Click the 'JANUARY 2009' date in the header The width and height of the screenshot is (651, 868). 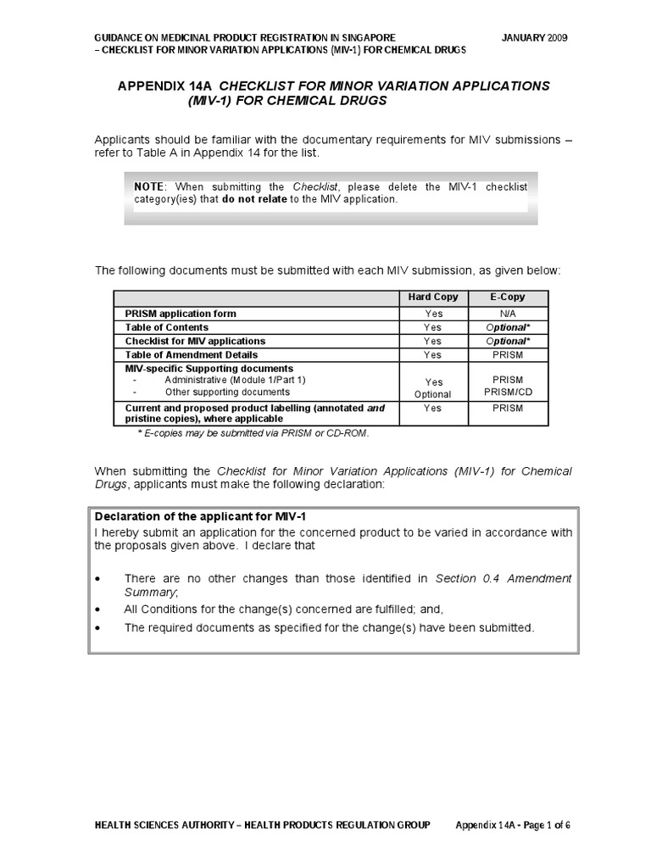click(535, 39)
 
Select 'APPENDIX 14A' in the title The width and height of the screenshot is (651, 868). click(162, 86)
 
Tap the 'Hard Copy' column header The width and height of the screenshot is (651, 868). click(433, 297)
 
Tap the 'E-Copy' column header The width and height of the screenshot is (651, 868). click(507, 297)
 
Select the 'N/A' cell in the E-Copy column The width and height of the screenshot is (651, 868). click(507, 314)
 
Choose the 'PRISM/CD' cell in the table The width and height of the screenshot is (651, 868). click(507, 394)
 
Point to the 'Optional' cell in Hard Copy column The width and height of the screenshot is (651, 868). click(433, 395)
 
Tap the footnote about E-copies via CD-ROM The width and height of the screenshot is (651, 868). click(253, 432)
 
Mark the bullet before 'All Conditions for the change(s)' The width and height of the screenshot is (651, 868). click(99, 609)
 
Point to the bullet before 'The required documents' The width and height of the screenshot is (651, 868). click(99, 628)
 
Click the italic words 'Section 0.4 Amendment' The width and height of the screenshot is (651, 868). click(503, 578)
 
